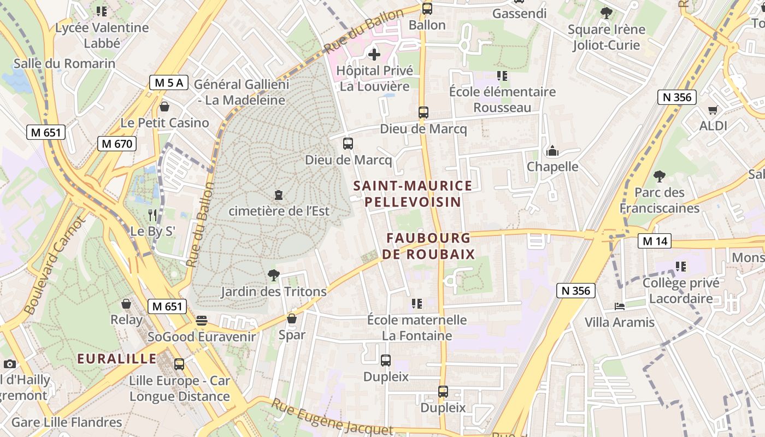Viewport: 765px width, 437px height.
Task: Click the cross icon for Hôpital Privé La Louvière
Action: pos(374,54)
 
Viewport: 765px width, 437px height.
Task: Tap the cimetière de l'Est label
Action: pos(279,210)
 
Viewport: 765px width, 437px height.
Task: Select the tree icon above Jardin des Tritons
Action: pos(274,275)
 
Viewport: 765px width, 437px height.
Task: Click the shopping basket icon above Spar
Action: pos(292,318)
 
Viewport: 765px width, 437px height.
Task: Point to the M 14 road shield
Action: pos(655,241)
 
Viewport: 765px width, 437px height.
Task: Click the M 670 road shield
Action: pos(117,144)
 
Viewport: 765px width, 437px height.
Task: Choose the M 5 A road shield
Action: pos(169,83)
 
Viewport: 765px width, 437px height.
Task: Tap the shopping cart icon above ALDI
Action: pos(713,110)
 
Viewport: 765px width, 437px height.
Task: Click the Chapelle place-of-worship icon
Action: pos(552,151)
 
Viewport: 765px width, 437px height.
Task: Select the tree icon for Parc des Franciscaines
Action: pos(660,176)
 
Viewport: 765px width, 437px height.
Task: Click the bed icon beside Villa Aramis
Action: pos(619,306)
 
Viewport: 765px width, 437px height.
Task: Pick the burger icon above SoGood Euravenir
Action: pos(202,321)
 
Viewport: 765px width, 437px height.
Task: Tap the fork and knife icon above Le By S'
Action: pos(152,215)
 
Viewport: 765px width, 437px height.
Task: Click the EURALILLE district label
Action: pos(116,359)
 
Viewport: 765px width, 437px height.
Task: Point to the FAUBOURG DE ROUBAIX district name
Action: pos(428,246)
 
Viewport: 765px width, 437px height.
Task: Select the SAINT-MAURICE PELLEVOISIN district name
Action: pos(413,194)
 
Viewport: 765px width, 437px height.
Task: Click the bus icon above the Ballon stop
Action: pos(427,9)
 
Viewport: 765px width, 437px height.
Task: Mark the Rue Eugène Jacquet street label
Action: pos(332,418)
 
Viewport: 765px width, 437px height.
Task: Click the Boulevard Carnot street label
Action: pos(54,266)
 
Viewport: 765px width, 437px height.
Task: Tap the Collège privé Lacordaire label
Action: pos(681,291)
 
